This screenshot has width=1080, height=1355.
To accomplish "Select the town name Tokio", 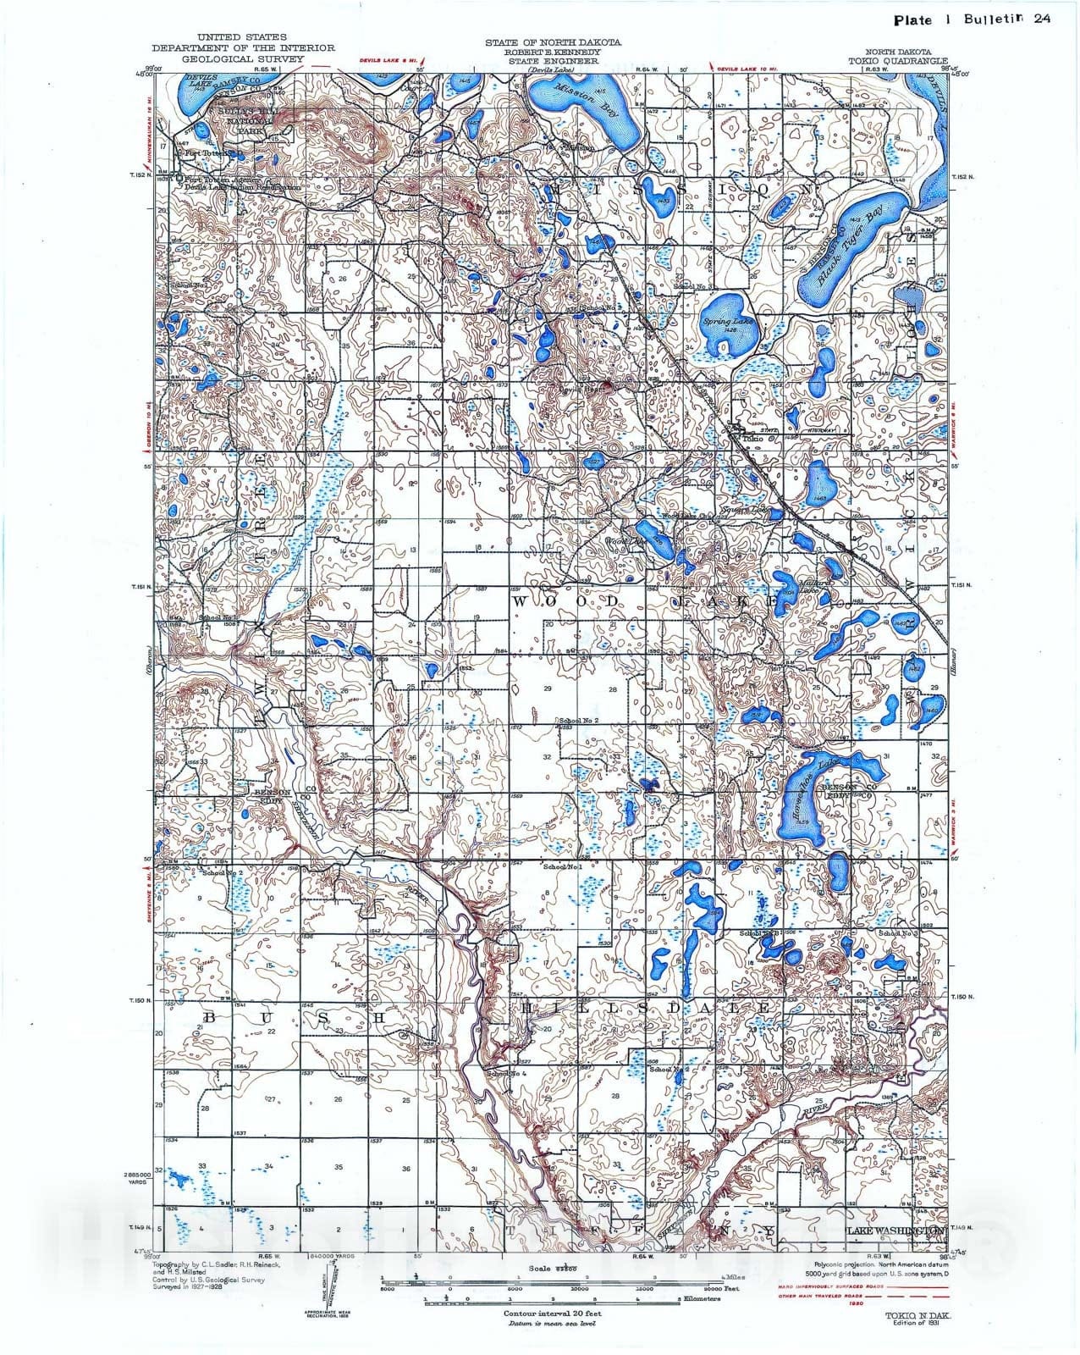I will tap(752, 439).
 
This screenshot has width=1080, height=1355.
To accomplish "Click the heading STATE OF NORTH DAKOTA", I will tap(553, 42).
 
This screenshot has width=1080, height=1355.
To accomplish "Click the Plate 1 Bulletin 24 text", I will tap(972, 19).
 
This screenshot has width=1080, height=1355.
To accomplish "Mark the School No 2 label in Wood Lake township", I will tap(578, 721).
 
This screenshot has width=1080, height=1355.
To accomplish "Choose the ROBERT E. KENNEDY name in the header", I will tap(553, 52).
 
